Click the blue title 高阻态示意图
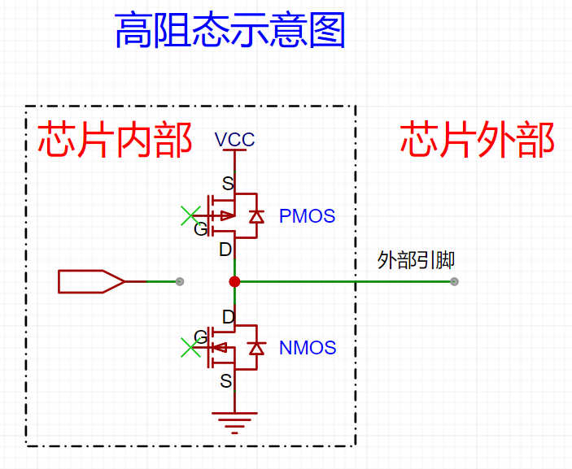(x=230, y=32)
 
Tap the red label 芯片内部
(x=115, y=140)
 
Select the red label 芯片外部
(x=478, y=140)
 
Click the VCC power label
(x=235, y=140)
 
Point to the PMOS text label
(x=307, y=216)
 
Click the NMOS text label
(x=308, y=348)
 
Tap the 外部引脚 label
(x=416, y=260)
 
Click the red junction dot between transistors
(x=234, y=282)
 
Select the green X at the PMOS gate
(x=190, y=216)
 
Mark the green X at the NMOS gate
(x=190, y=348)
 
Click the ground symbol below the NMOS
(x=234, y=420)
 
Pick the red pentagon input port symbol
(x=91, y=281)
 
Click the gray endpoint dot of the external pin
(x=454, y=282)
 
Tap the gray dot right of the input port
(x=180, y=282)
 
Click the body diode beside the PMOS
(x=256, y=216)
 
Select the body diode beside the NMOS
(x=256, y=348)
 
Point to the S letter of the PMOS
(x=227, y=183)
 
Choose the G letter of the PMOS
(x=200, y=229)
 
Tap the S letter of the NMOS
(x=226, y=380)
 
